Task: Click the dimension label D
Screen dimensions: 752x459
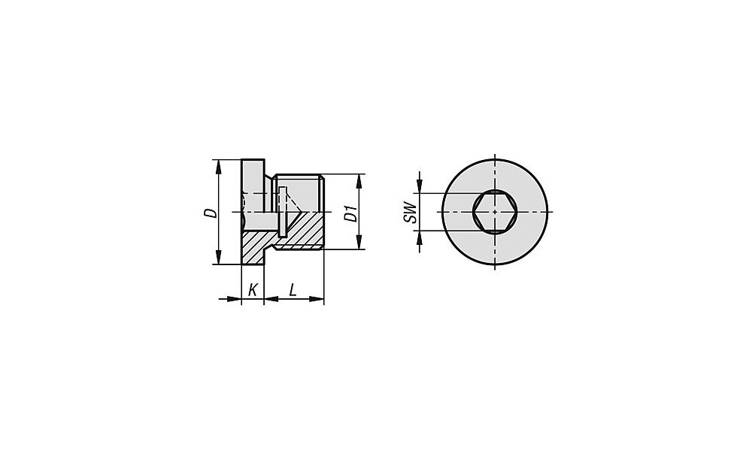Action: (x=210, y=213)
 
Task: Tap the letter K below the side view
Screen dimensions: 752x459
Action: (x=253, y=290)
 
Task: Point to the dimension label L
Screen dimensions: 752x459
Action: (x=292, y=290)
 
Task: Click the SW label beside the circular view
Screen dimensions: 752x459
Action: (x=410, y=212)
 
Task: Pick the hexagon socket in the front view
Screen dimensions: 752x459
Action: (x=495, y=212)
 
